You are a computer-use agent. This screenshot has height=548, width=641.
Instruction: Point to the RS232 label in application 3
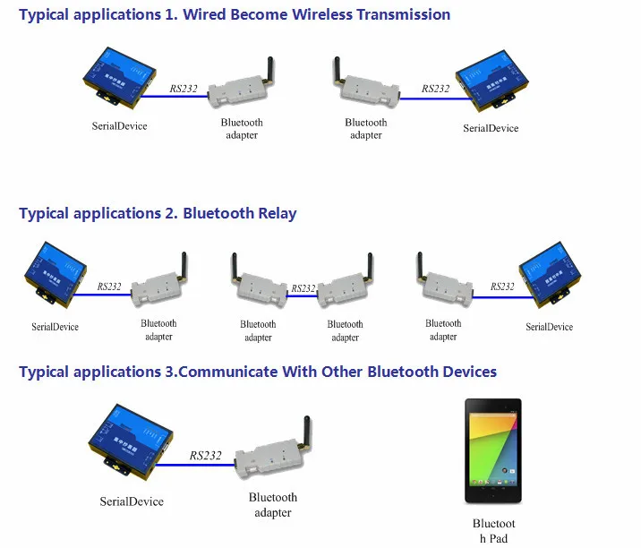(x=205, y=456)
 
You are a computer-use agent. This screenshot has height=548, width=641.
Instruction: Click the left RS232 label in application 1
(x=184, y=88)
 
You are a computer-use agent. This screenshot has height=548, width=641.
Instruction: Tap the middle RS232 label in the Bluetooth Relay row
(x=303, y=288)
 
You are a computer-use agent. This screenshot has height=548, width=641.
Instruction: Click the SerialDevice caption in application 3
(x=132, y=501)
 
